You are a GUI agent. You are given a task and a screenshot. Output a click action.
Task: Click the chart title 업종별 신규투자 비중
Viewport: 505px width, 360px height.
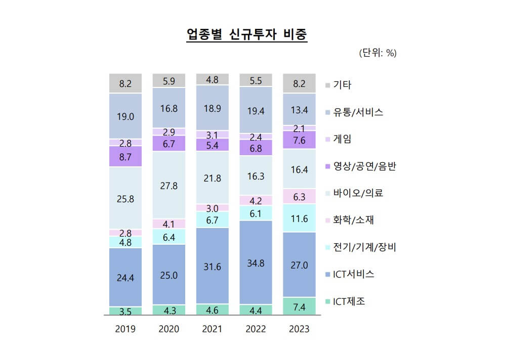pos(247,35)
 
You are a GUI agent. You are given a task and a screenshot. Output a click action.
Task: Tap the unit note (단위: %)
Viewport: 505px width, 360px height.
pos(377,53)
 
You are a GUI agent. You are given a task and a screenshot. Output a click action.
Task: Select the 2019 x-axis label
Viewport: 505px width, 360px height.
pos(125,329)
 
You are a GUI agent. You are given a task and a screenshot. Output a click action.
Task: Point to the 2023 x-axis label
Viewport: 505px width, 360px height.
pos(299,329)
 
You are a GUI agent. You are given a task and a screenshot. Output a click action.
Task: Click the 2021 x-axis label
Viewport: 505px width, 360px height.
pos(212,329)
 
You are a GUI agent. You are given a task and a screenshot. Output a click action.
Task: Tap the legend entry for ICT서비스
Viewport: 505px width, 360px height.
pos(353,275)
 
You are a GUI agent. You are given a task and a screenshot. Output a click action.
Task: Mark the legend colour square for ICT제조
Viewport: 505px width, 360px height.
pos(327,302)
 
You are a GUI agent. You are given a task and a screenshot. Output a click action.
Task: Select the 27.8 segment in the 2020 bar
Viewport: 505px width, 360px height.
pos(169,185)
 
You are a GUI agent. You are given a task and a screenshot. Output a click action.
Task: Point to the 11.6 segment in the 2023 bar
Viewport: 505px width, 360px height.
pos(299,218)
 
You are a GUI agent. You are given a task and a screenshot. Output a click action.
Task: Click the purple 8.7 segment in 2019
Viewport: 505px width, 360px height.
pos(125,157)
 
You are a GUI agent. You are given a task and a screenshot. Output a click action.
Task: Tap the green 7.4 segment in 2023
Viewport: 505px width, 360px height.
pos(299,306)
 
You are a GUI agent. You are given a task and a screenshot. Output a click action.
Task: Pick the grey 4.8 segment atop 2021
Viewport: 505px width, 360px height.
pos(212,79)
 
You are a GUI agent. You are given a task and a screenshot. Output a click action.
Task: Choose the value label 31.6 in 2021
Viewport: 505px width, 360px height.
pos(212,266)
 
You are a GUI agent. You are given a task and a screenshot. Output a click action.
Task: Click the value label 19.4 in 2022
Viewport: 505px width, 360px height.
pos(256,111)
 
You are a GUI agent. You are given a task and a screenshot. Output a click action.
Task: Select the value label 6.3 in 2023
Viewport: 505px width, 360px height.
pos(299,197)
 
